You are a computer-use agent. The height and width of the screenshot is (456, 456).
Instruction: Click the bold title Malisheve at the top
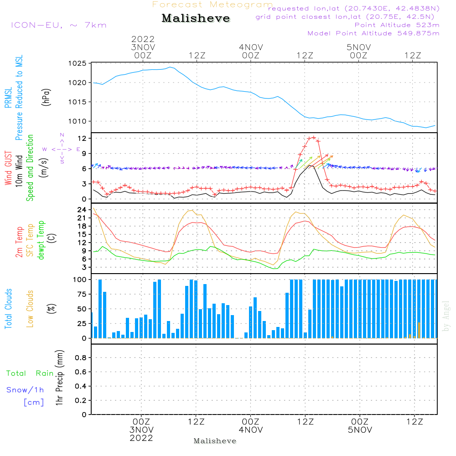click(196, 19)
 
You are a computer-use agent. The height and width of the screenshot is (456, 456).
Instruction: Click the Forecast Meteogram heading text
click(212, 5)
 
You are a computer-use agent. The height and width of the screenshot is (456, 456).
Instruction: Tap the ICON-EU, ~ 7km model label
click(58, 25)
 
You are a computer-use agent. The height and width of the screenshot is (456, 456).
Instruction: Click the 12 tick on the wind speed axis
click(81, 138)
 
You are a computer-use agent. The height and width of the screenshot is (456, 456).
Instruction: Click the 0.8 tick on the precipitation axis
click(80, 358)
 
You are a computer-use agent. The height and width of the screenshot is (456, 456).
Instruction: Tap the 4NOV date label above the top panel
click(251, 47)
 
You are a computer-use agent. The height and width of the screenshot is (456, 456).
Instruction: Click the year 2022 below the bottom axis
click(141, 438)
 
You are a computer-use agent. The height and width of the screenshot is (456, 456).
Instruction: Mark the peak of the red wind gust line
click(313, 137)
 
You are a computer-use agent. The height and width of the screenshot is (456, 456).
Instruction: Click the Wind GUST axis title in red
click(8, 169)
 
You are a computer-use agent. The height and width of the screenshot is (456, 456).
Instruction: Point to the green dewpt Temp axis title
click(41, 240)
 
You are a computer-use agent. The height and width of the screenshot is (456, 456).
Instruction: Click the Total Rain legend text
click(30, 373)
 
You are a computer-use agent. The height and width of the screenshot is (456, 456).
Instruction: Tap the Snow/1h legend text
click(25, 390)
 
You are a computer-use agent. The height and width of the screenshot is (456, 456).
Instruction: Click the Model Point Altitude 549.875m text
click(373, 33)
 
